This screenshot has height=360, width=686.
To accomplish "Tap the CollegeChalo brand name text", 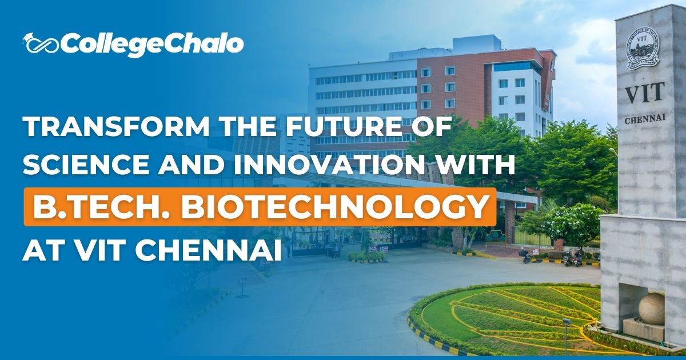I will click(152, 45).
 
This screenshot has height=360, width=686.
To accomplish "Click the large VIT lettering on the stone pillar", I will click(644, 93).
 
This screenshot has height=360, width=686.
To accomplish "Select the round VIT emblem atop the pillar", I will click(641, 46).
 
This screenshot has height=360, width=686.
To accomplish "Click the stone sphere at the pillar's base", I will click(651, 309).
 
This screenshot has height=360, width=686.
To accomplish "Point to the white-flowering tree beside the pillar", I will click(572, 223).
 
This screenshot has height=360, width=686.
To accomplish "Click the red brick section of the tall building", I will click(452, 86).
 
